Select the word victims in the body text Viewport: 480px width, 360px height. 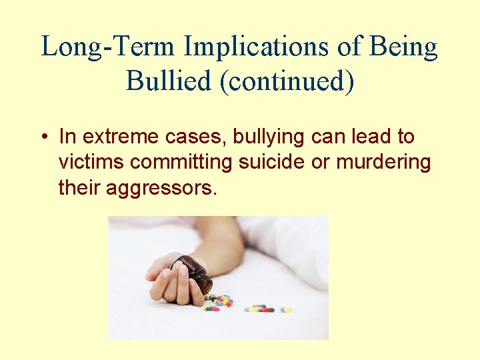tap(92, 163)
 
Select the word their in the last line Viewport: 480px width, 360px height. tap(77, 188)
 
